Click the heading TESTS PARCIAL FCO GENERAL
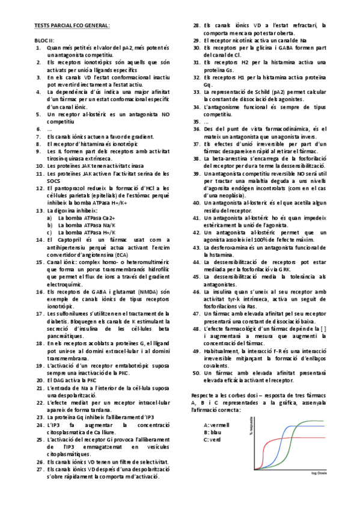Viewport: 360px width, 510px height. pyautogui.click(x=72, y=26)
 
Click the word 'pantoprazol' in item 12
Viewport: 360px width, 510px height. pyautogui.click(x=67, y=189)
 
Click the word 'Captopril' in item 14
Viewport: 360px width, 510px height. pyautogui.click(x=67, y=240)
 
